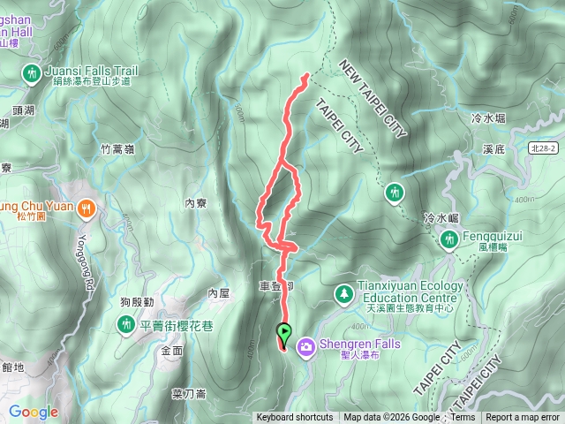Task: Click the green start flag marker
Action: click(284, 333)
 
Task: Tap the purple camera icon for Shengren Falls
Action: click(306, 345)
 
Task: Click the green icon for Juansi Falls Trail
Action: click(32, 72)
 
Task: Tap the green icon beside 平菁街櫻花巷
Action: click(126, 325)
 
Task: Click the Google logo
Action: click(33, 412)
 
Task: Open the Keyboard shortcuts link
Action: click(295, 418)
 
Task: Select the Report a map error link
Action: click(523, 418)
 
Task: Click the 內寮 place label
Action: click(196, 202)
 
